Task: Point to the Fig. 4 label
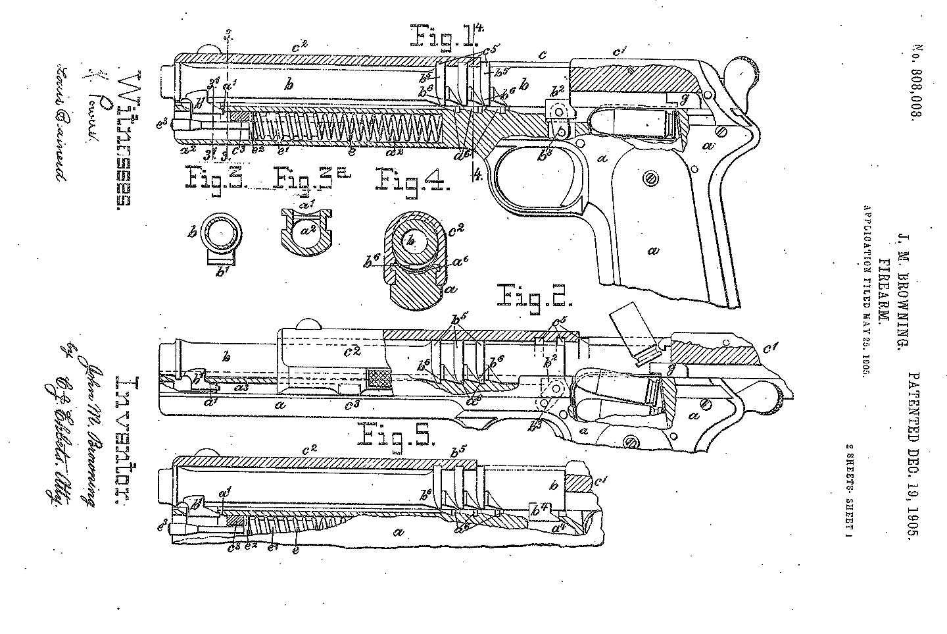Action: pyautogui.click(x=412, y=178)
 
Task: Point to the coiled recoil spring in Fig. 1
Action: pyautogui.click(x=349, y=129)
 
